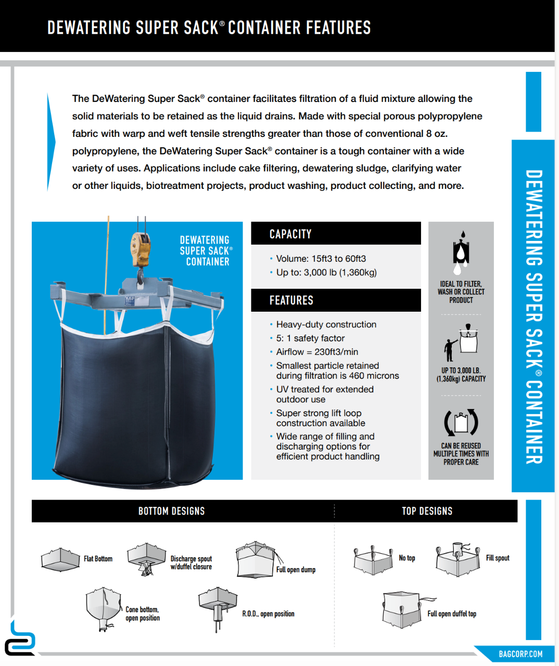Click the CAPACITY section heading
coord(290,234)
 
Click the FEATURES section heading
coord(291,300)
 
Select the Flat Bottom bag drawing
coord(60,559)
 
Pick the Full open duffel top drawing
coord(402,609)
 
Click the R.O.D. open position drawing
coord(218,608)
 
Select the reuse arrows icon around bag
coord(461,422)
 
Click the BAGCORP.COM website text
coord(520,654)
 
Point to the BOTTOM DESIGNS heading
coord(171,511)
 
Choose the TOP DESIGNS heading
coord(427,511)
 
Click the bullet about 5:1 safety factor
coord(310,338)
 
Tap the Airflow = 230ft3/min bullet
coord(317,352)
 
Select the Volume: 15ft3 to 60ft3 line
coord(321,259)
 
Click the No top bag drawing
coord(373,560)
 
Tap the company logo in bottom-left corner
coord(20,639)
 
